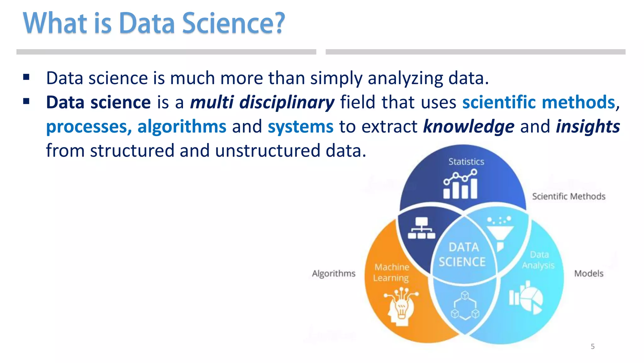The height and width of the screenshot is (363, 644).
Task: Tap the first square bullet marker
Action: point(26,77)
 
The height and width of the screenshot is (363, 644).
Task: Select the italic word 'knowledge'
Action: point(469,127)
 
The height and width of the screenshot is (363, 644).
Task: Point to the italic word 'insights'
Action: point(588,127)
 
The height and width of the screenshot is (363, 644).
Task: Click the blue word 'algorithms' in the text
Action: point(182,127)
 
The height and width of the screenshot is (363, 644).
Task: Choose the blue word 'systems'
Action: point(300,127)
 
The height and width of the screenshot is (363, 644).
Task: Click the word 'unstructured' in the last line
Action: point(267,151)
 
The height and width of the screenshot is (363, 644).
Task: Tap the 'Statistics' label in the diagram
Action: point(466,162)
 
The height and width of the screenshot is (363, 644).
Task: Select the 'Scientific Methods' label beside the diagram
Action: point(569,196)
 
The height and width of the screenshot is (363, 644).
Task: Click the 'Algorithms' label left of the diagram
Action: point(333,273)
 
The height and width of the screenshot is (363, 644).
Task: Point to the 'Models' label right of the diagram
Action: point(589,273)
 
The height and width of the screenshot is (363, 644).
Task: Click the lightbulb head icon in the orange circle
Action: point(400,307)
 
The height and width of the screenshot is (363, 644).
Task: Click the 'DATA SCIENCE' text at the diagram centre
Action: point(463,254)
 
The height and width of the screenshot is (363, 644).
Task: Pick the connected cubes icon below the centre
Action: point(465,306)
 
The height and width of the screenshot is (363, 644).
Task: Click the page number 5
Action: point(592,346)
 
